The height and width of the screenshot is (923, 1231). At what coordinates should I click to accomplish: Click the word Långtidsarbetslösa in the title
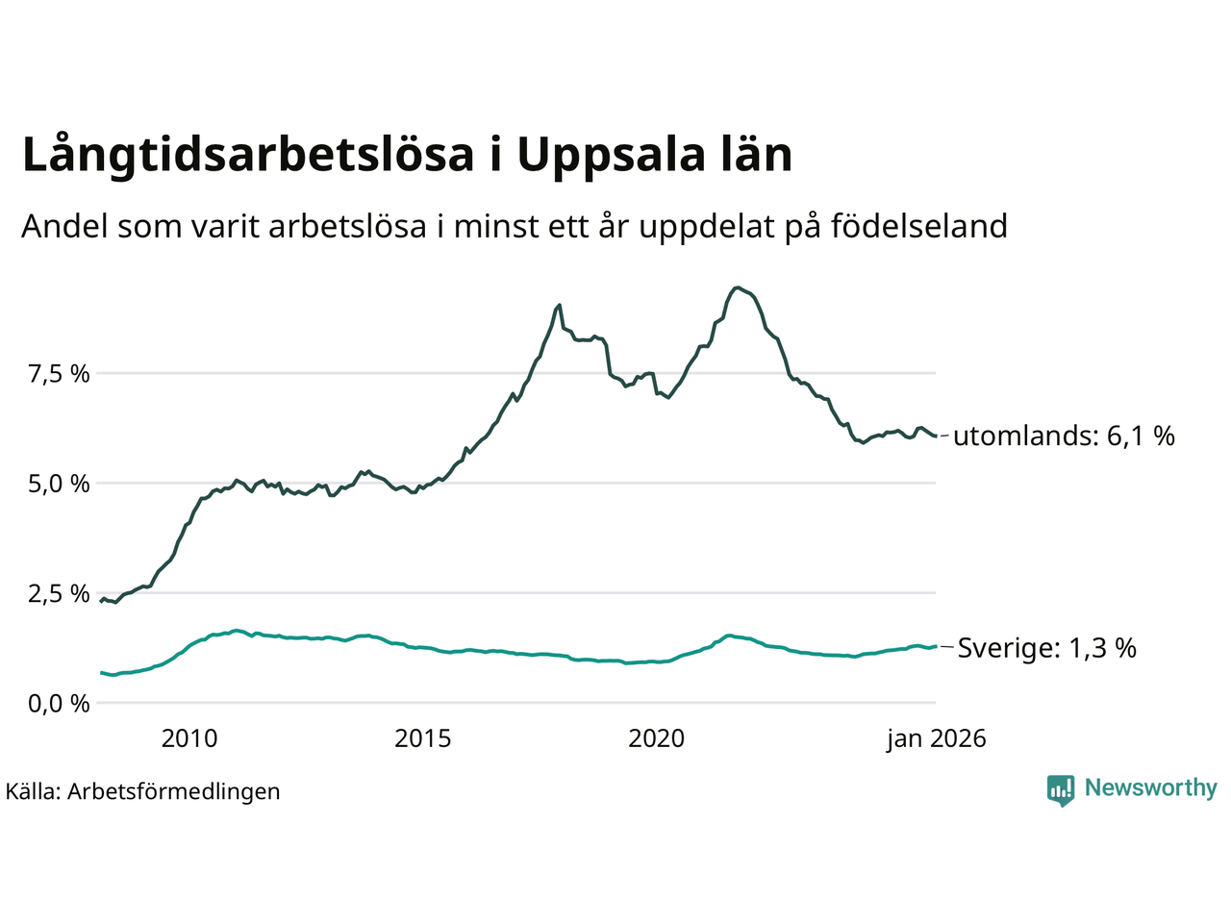[248, 156]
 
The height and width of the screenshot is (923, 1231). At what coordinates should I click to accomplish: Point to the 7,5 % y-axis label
[59, 373]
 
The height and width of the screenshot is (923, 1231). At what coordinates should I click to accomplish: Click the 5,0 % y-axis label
[59, 484]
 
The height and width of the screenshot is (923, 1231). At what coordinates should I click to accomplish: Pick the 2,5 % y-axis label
[59, 593]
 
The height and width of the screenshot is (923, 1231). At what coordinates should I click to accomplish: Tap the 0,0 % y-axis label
[59, 704]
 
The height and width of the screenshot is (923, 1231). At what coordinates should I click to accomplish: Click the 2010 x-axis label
[189, 738]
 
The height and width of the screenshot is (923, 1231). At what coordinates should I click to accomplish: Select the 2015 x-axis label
[423, 738]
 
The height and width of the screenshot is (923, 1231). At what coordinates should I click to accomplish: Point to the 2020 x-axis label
[657, 738]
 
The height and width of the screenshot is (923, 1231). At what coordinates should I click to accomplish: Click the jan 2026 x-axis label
[936, 738]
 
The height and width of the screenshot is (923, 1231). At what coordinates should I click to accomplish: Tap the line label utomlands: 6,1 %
[1064, 437]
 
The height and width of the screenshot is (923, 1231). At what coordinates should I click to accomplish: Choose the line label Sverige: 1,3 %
[1046, 648]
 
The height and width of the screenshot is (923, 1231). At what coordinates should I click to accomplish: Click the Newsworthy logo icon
[1060, 789]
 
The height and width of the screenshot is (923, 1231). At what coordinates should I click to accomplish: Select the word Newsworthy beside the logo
[1150, 788]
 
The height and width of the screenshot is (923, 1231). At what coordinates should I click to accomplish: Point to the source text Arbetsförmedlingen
[173, 791]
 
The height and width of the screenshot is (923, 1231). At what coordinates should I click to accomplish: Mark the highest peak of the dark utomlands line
[737, 287]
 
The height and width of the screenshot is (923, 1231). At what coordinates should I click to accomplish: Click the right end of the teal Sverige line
[935, 646]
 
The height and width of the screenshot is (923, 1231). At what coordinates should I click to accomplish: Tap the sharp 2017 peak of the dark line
[559, 305]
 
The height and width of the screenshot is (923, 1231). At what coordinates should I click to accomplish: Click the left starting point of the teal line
[102, 672]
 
